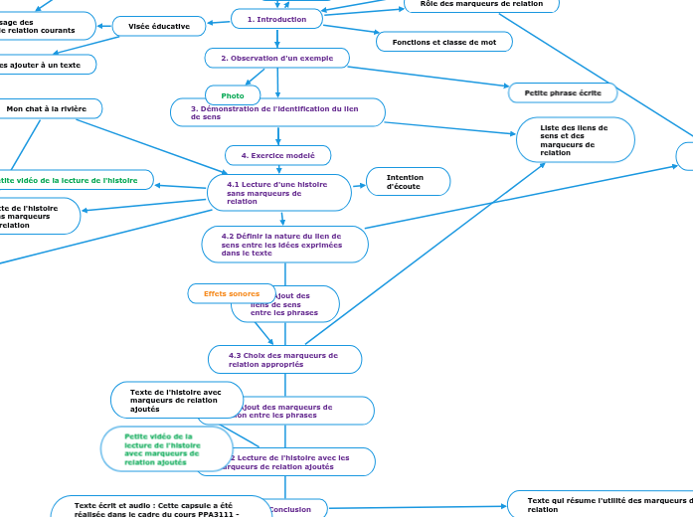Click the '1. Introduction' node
click(276, 19)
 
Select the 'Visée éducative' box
click(159, 26)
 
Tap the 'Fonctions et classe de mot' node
click(443, 42)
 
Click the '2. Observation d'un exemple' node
click(276, 59)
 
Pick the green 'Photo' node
click(233, 95)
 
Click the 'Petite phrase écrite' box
click(563, 92)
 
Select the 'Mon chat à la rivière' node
click(47, 107)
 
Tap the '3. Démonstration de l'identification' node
click(277, 112)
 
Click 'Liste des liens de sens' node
click(575, 140)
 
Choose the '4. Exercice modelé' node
click(278, 155)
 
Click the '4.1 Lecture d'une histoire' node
click(278, 193)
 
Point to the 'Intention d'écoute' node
click(408, 181)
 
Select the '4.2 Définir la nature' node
click(284, 245)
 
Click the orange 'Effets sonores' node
click(231, 293)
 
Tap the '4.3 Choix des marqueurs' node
click(284, 359)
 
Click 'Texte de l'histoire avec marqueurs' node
click(177, 400)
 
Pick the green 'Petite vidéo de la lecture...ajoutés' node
click(166, 449)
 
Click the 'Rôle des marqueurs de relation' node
click(481, 5)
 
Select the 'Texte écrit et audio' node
click(159, 507)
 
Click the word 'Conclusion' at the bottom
click(290, 509)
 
